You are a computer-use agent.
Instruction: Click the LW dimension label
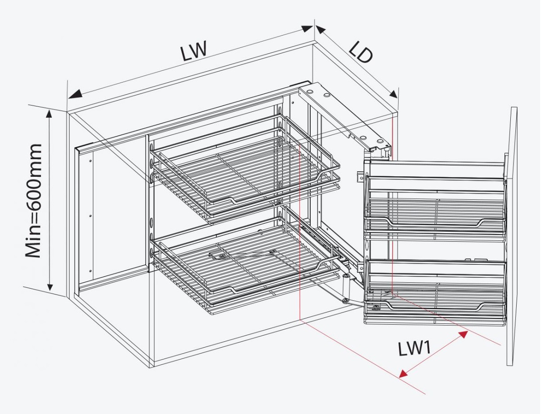pos(194,51)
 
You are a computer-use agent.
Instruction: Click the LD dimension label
pos(361,53)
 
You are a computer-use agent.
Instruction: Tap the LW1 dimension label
pos(414,349)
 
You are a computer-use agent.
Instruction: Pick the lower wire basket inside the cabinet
pos(246,266)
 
